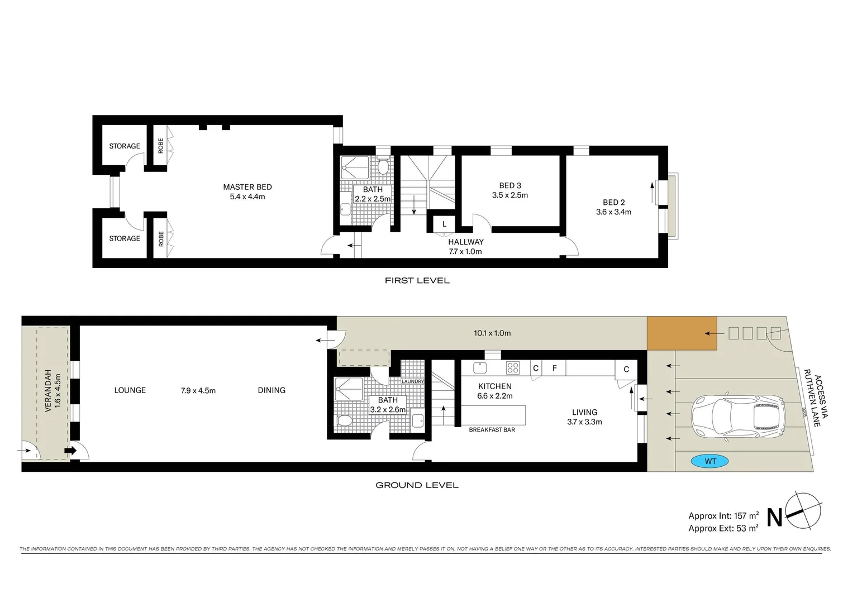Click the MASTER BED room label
pyautogui.click(x=247, y=187)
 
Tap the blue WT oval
pyautogui.click(x=709, y=461)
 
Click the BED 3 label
pyautogui.click(x=510, y=185)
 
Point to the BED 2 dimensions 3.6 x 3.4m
pyautogui.click(x=613, y=212)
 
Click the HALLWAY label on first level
pyautogui.click(x=465, y=242)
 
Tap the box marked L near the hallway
pyautogui.click(x=444, y=224)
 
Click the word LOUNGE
pyautogui.click(x=130, y=390)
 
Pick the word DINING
pyautogui.click(x=272, y=390)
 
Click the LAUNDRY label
pyautogui.click(x=413, y=381)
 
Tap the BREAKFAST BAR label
pyautogui.click(x=492, y=430)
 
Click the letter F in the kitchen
pyautogui.click(x=554, y=368)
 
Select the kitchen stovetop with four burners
pyautogui.click(x=512, y=368)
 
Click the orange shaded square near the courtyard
pyautogui.click(x=682, y=333)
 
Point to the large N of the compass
pyautogui.click(x=774, y=518)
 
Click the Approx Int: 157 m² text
pyautogui.click(x=723, y=516)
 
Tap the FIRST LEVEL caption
pyautogui.click(x=417, y=280)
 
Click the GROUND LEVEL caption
pyautogui.click(x=417, y=485)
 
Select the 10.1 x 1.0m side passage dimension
pyautogui.click(x=492, y=333)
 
